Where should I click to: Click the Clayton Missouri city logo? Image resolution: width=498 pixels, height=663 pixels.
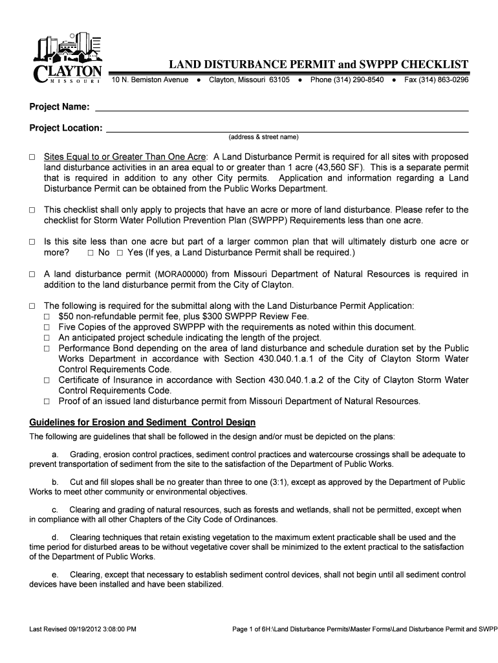(66, 58)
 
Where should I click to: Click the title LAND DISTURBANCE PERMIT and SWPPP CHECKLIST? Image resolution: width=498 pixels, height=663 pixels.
(318, 65)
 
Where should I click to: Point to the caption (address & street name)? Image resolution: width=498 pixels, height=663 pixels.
(263, 137)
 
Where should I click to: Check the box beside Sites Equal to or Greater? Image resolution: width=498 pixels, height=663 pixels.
(32, 157)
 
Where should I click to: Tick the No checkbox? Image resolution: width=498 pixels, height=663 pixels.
(91, 253)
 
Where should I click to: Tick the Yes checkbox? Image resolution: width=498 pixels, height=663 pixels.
(120, 253)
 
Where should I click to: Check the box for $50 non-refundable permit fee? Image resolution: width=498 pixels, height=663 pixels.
(47, 317)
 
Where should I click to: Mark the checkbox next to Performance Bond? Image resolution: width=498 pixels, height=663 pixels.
(47, 348)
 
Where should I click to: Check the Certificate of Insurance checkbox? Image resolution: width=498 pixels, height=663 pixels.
(47, 380)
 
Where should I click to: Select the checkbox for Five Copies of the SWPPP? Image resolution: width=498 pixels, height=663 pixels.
(47, 328)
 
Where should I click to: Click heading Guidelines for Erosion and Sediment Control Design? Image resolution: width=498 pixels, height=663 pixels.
(142, 423)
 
